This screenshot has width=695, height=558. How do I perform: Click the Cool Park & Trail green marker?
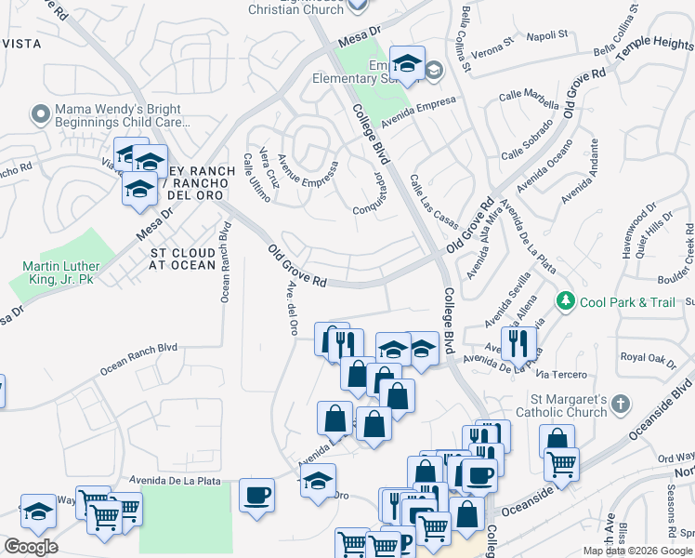(x=565, y=301)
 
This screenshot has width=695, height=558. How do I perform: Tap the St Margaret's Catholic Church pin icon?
(x=621, y=405)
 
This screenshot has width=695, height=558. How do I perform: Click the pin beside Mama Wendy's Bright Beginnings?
(x=39, y=115)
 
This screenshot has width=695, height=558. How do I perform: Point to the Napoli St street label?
(x=547, y=34)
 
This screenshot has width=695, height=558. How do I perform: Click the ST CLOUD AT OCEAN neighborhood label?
(x=183, y=259)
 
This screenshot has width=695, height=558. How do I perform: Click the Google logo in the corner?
(x=31, y=547)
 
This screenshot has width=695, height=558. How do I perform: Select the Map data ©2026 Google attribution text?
(x=637, y=550)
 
